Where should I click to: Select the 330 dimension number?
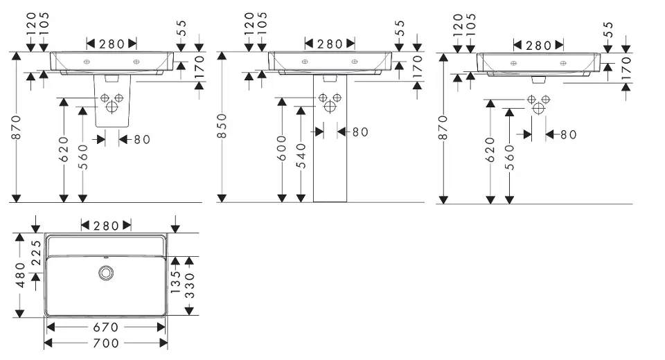tap(188, 285)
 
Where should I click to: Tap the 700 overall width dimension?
tap(105, 343)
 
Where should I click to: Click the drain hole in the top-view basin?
tap(106, 273)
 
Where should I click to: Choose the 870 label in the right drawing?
tap(444, 127)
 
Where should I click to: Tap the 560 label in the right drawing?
tap(509, 156)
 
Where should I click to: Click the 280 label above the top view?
tap(106, 225)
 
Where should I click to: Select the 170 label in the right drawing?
tap(626, 69)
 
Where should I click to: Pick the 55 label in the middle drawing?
tap(400, 28)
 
